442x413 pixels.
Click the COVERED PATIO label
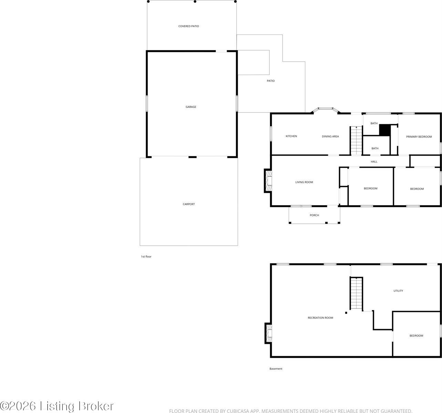tap(188, 26)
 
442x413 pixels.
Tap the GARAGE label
tap(191, 107)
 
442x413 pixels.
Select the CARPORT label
tap(189, 204)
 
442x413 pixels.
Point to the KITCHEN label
tap(291, 136)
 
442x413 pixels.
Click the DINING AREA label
tap(330, 137)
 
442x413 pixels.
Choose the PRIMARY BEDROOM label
tap(419, 137)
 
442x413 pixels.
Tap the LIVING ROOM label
tap(304, 182)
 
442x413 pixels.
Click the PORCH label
tap(314, 215)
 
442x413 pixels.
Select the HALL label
tap(374, 161)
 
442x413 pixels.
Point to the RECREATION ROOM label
tap(320, 318)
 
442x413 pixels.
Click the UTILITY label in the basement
tap(398, 291)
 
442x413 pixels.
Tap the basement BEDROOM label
tap(416, 336)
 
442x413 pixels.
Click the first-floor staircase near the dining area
tap(357, 140)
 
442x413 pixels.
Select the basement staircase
tap(357, 293)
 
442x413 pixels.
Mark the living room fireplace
tap(268, 181)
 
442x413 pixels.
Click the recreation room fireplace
tap(268, 333)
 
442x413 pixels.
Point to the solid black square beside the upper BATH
tap(384, 130)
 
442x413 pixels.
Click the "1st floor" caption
tap(146, 257)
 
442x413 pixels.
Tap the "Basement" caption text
tap(276, 369)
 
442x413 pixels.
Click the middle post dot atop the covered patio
tap(195, 1)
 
